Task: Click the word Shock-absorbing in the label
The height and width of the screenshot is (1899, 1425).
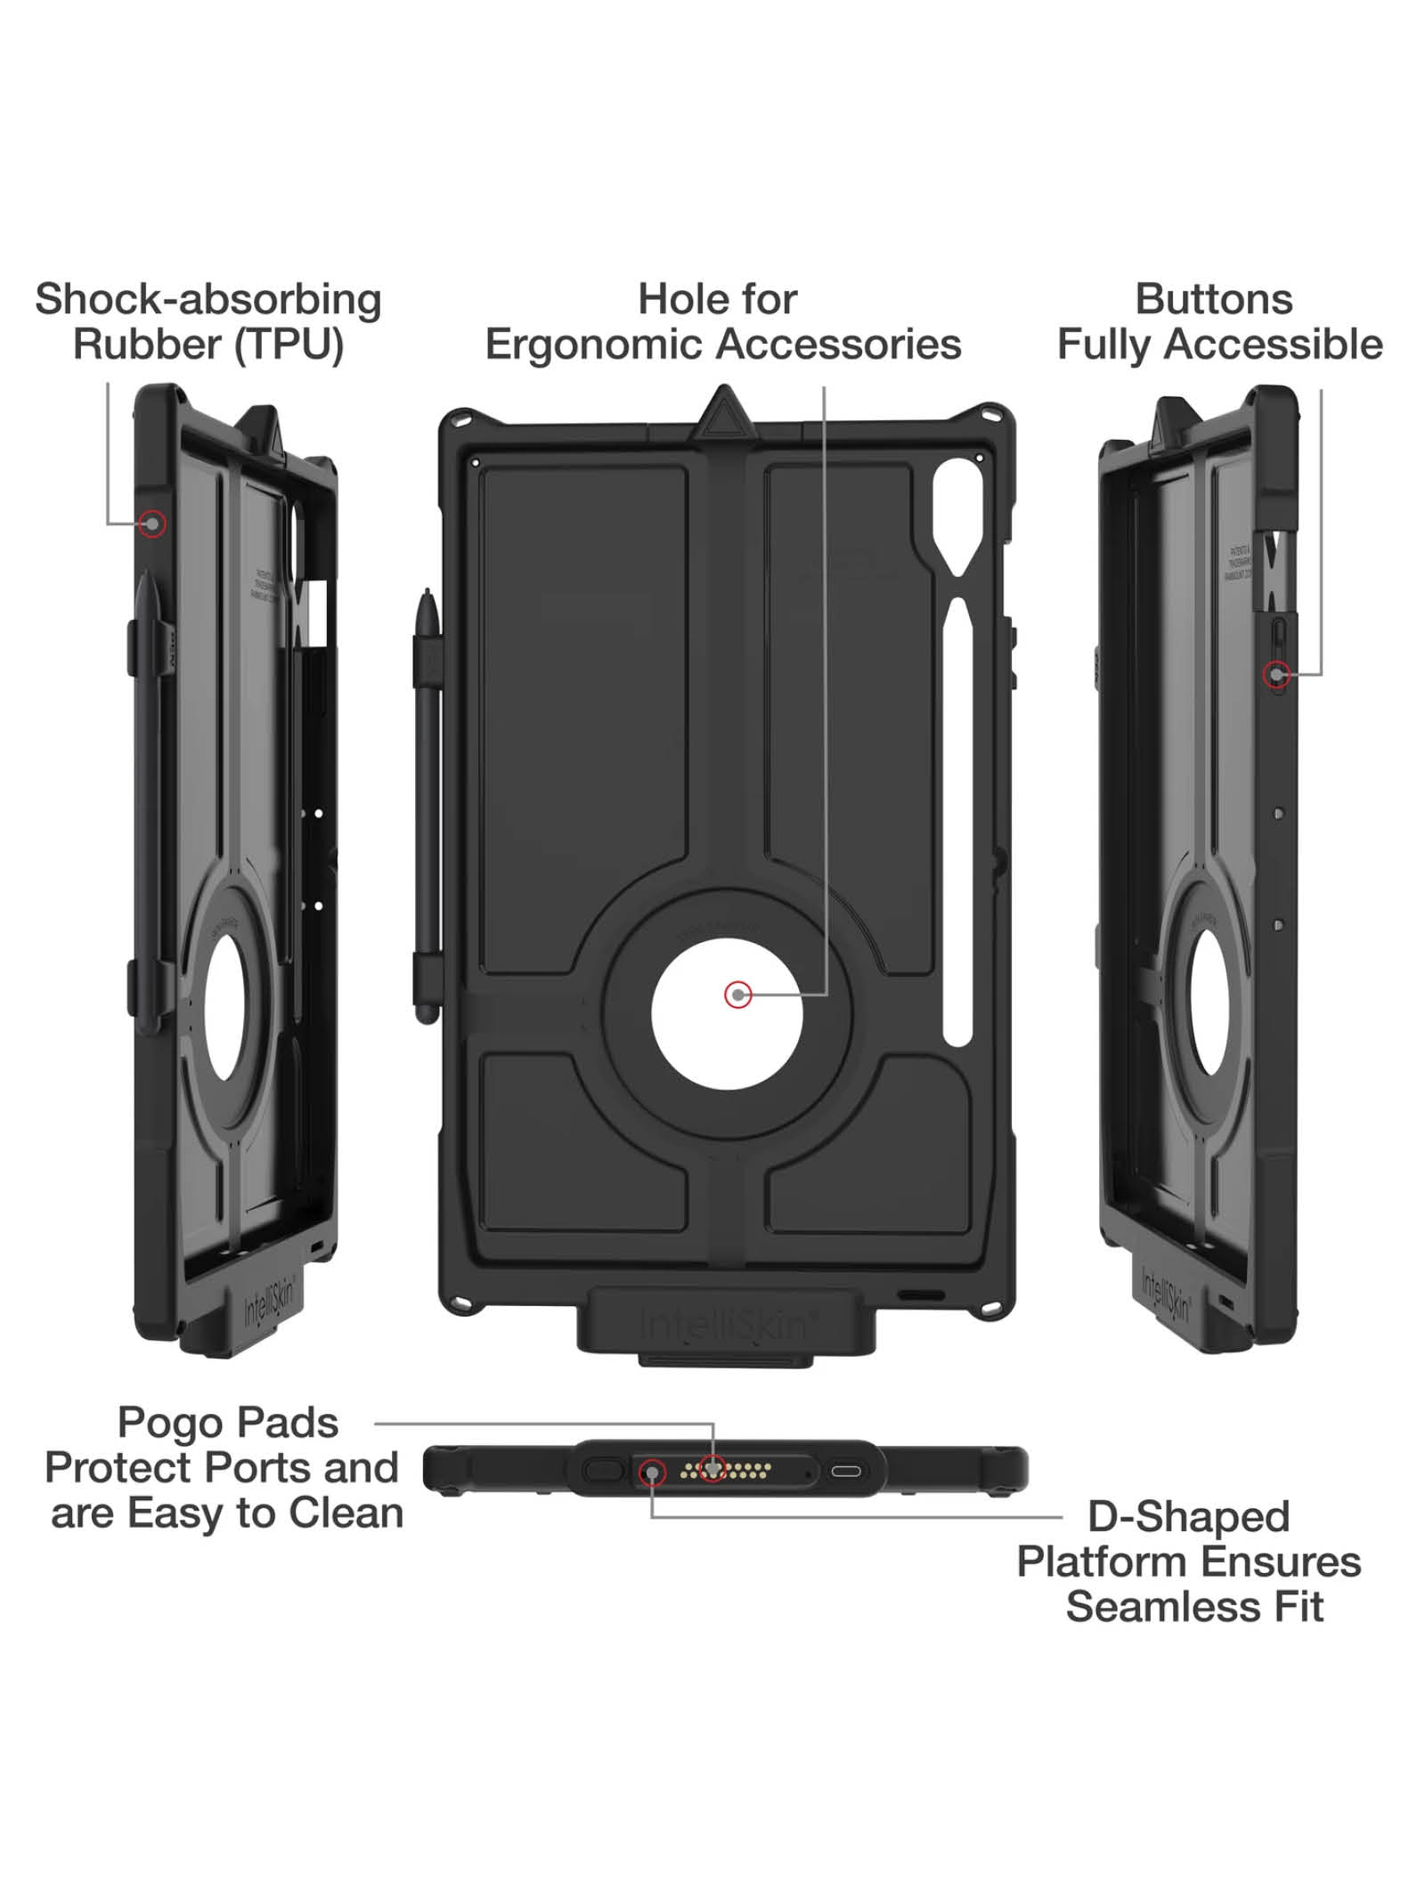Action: click(208, 300)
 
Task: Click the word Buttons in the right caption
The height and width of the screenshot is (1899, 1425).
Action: click(1213, 300)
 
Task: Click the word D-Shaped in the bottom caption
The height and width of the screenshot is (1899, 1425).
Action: click(1188, 1517)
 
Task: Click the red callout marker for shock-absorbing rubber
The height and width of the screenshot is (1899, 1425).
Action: click(153, 523)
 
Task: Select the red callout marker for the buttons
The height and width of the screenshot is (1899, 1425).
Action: click(1277, 675)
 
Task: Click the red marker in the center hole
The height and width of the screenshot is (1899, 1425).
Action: click(737, 994)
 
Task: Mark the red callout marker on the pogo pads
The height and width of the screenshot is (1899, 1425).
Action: click(712, 1468)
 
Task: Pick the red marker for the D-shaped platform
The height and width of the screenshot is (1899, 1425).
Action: click(652, 1474)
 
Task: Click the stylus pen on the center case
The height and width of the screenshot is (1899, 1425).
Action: click(429, 801)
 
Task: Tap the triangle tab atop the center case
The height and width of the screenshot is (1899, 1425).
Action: click(724, 415)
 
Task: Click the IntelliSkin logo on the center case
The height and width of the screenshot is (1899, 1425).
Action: click(723, 1326)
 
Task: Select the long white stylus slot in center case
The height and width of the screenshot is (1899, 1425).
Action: click(957, 819)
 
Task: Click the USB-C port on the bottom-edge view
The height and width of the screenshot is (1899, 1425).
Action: click(846, 1471)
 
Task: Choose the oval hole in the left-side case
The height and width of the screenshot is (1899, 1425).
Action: click(227, 1006)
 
